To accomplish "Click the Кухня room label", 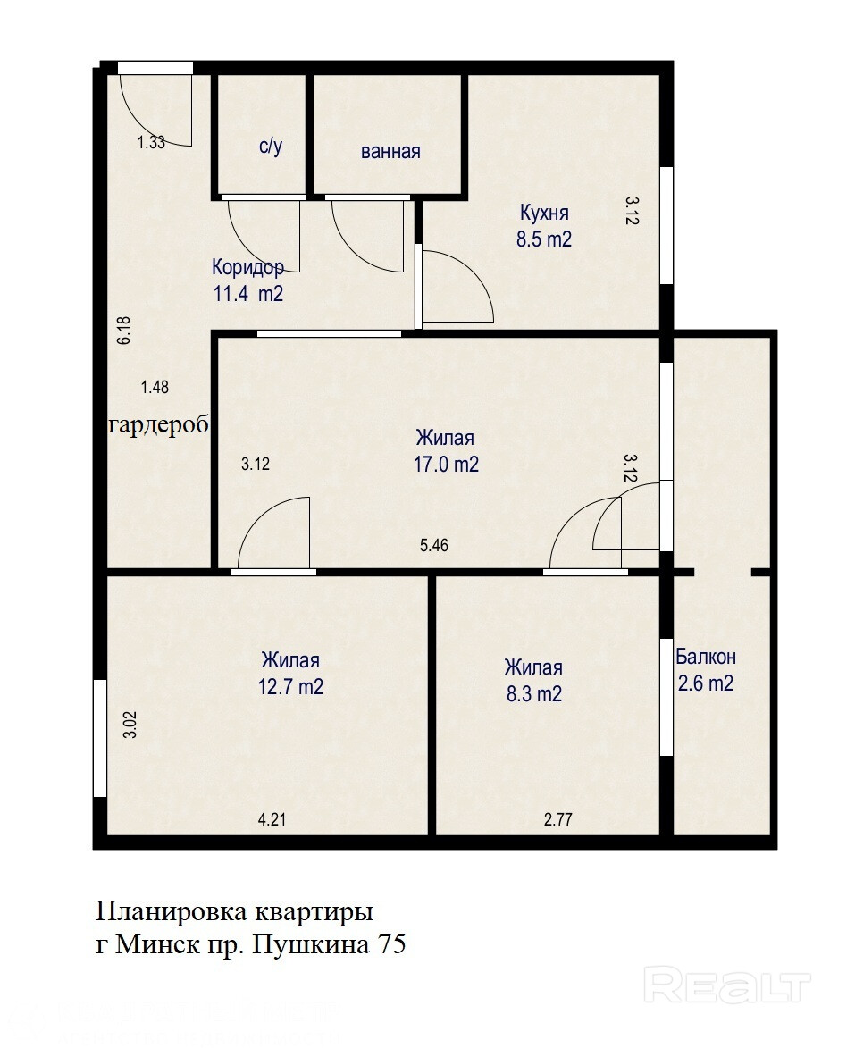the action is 544,214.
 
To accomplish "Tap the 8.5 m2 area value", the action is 544,239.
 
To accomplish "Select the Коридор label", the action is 248,267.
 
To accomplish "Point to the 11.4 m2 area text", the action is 248,293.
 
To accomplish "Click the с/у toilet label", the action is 271,146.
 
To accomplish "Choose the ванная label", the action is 390,152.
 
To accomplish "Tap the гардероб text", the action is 159,425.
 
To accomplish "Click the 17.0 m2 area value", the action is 446,464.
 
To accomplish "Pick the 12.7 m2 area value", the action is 290,686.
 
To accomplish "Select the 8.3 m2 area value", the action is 534,694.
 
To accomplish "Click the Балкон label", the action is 706,657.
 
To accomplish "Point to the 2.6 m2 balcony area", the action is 706,683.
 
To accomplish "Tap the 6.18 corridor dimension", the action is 124,331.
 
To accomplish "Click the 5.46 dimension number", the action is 434,545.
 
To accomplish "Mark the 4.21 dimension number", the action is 272,819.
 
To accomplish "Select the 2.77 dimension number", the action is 558,819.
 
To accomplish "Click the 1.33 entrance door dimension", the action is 151,142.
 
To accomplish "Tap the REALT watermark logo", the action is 727,985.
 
